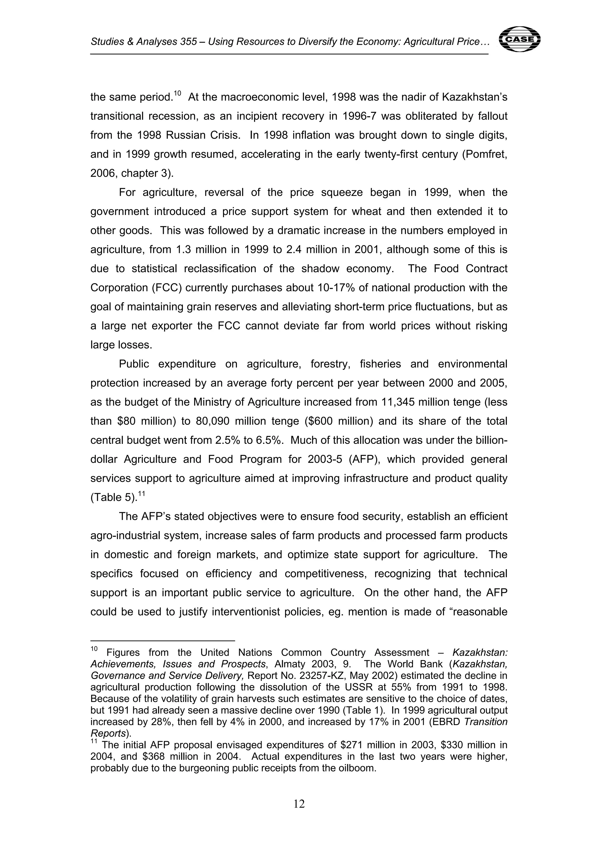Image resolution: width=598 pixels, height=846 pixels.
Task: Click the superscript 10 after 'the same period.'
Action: (x=177, y=93)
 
